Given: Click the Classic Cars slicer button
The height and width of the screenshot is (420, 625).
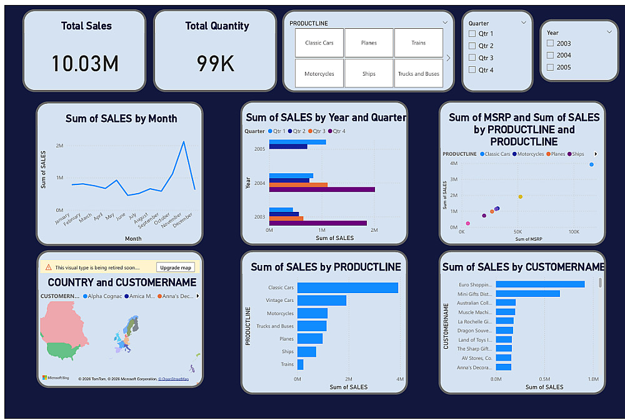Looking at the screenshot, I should (x=319, y=43).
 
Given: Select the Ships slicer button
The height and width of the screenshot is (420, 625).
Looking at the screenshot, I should (x=369, y=74).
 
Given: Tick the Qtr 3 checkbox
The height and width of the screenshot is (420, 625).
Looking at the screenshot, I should (x=472, y=58).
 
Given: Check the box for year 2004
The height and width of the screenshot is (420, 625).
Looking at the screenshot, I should (x=550, y=56).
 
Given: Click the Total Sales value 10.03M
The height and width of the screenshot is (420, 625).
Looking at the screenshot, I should (x=85, y=64).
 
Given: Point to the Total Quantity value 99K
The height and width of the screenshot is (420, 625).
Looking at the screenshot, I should (x=216, y=64).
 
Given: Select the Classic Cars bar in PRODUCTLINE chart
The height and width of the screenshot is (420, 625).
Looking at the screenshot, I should (x=347, y=287).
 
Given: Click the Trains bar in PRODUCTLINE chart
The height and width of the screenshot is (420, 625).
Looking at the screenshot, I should (x=300, y=364).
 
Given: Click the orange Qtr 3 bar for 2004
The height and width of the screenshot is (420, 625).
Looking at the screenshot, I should (x=298, y=185).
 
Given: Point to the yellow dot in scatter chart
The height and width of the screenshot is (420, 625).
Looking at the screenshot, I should (x=520, y=197).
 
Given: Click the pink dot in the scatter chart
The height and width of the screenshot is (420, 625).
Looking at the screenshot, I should (x=468, y=223).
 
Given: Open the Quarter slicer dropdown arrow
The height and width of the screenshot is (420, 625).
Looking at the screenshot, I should (x=524, y=22).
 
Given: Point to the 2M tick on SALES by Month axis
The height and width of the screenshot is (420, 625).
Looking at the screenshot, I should (x=59, y=146).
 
